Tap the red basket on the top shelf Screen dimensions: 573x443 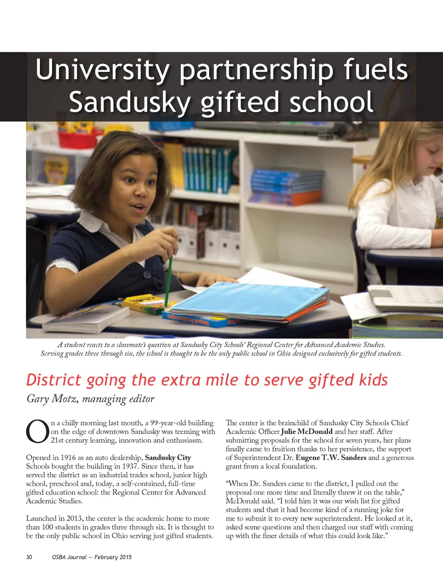click(x=78, y=139)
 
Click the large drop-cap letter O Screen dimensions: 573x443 click(x=37, y=431)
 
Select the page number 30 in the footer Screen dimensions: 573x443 click(x=29, y=557)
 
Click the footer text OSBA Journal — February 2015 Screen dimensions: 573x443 click(x=92, y=557)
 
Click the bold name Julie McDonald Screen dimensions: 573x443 click(x=307, y=432)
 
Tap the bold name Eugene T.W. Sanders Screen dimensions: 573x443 click(x=331, y=458)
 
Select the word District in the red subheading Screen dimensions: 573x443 click(x=53, y=380)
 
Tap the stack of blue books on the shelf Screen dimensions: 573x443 click(x=286, y=186)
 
